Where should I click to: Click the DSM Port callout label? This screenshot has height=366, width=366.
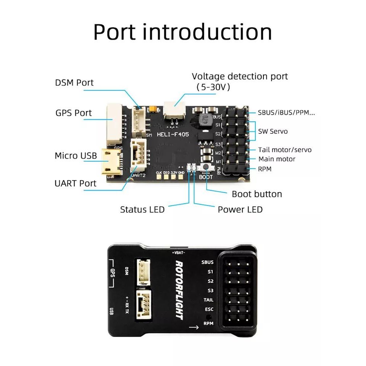point(74,82)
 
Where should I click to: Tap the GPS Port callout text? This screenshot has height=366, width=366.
point(74,113)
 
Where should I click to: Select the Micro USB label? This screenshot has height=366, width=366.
point(76,156)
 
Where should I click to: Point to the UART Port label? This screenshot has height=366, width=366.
point(75,183)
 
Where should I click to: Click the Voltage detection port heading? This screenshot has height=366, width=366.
point(240,76)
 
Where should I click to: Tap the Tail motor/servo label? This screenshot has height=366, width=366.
point(285,150)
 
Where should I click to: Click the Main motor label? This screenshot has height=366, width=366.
point(277,159)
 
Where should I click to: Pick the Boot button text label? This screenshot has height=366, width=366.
point(257,194)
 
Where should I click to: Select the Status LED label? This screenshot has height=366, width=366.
point(142,209)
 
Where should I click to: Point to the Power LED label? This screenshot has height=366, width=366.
point(240,209)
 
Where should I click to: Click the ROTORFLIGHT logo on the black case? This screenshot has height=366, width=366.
point(180,290)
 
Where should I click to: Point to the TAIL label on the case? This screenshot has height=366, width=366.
point(208,300)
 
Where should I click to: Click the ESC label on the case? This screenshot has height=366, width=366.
point(209,310)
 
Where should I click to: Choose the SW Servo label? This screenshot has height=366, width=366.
point(273,132)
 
